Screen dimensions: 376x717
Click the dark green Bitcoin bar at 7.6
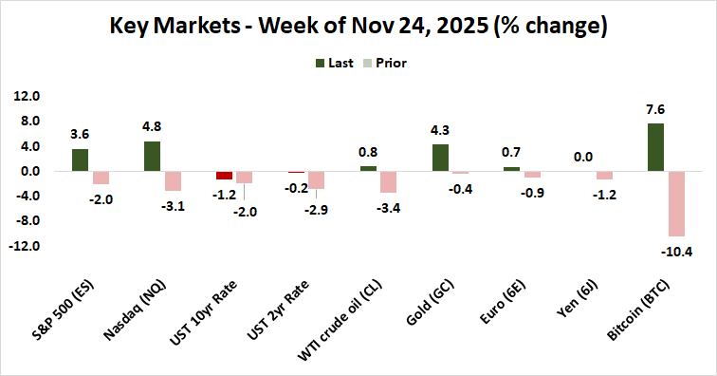[655, 147]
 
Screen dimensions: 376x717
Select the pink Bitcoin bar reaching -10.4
[675, 203]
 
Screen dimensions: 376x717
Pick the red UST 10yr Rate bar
[224, 176]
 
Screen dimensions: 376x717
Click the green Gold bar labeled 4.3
[440, 158]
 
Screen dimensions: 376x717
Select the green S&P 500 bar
[80, 160]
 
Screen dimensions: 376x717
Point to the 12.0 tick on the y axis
[27, 97]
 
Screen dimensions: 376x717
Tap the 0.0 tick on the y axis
[28, 172]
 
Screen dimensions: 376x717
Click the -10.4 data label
[675, 251]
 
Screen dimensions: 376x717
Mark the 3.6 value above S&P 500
[80, 135]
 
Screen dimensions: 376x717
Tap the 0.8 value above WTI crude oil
[368, 152]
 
